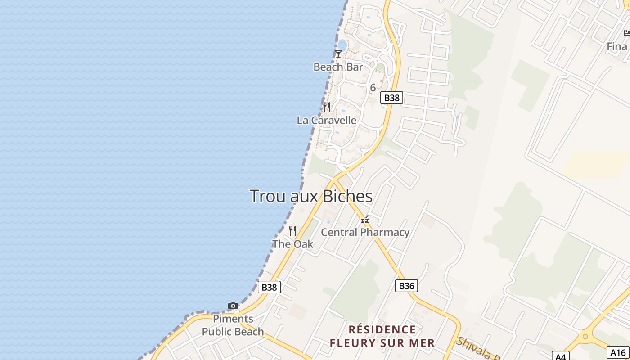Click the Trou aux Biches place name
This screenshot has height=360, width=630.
[311, 196]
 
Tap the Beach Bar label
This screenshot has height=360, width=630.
[338, 67]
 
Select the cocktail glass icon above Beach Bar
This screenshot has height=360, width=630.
[338, 54]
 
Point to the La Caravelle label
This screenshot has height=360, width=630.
[327, 120]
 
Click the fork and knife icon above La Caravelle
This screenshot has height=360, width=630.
[327, 107]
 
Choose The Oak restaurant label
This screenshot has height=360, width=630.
[292, 244]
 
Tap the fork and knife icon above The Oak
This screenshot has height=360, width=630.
[292, 231]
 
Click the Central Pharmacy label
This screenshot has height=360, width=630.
[365, 232]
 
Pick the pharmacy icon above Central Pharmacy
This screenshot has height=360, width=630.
[365, 220]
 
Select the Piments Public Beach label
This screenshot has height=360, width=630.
[233, 325]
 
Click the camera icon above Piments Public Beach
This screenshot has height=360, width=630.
[233, 306]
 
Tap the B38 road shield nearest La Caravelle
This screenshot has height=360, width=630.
[391, 98]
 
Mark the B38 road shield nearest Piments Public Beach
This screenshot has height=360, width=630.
[269, 287]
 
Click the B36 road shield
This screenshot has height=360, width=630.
[406, 285]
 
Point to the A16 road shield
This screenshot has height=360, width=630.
[618, 352]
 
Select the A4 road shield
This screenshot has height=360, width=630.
[560, 356]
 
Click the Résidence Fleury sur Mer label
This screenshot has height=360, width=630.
[382, 336]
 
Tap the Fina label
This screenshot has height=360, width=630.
[617, 46]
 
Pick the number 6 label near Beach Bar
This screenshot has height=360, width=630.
[373, 88]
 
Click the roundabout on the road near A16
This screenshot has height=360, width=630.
[585, 336]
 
